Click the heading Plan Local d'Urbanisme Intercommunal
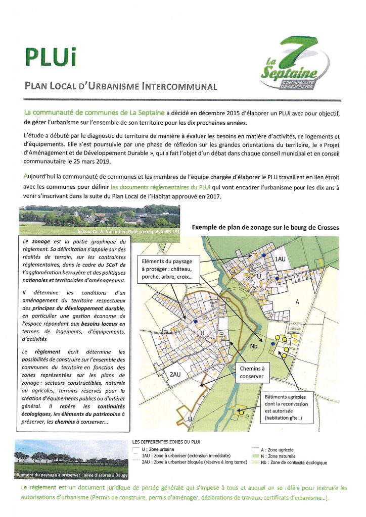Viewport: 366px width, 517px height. coord(121,86)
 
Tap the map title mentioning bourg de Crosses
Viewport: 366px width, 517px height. coord(265,228)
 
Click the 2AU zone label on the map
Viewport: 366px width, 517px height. coord(175,375)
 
